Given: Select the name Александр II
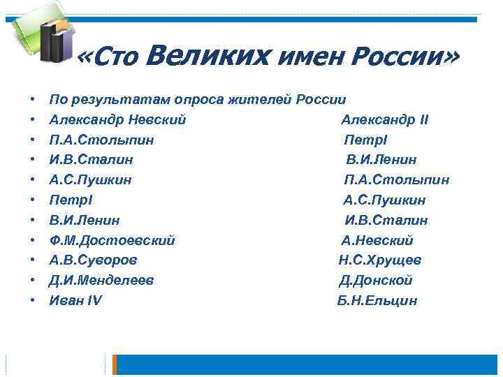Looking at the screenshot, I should (x=385, y=120).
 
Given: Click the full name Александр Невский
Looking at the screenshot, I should (x=117, y=120).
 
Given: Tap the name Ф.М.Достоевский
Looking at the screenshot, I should (x=112, y=241).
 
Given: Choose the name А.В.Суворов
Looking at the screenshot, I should (x=93, y=260).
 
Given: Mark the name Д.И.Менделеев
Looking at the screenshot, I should (x=101, y=281).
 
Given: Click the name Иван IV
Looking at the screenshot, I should (x=75, y=301).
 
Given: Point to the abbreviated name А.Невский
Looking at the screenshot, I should (x=377, y=241).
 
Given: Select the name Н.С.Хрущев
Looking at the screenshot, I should (x=380, y=260).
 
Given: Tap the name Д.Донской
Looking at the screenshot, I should (x=376, y=281).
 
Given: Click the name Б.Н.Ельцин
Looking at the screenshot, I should (x=377, y=301).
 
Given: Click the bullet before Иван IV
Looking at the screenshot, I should (x=33, y=301).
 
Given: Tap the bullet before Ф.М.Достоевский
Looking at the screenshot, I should (x=33, y=241).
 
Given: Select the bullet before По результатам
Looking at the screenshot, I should (x=33, y=100).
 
